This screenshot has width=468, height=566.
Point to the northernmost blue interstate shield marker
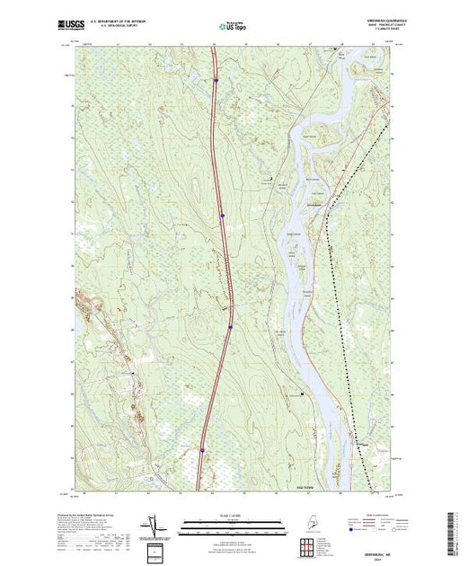tap(216, 79)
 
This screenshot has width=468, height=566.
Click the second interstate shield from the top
tap(222, 215)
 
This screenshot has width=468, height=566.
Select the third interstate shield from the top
tap(231, 327)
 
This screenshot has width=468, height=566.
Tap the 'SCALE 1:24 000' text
tap(234, 516)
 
